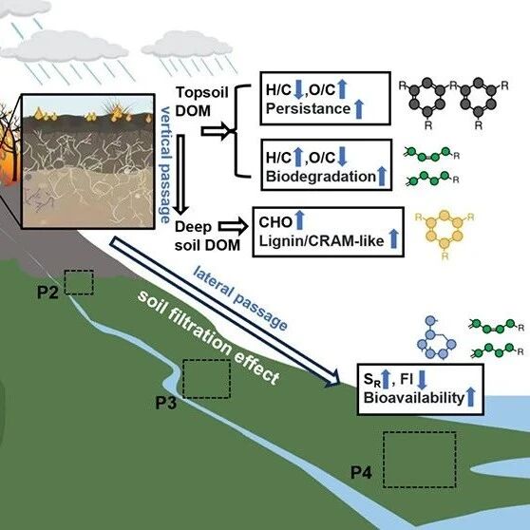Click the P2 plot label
(x=47, y=293)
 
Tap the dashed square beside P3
(x=206, y=361)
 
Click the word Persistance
(x=308, y=109)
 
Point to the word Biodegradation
(x=321, y=176)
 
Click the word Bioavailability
(x=414, y=398)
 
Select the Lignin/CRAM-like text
(x=321, y=241)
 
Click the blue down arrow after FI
(x=422, y=380)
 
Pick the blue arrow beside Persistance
(x=359, y=109)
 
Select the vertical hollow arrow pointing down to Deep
(x=180, y=174)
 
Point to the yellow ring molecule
(x=445, y=235)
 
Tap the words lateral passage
(x=240, y=297)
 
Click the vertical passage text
(x=165, y=165)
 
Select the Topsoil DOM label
(x=202, y=102)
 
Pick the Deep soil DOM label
(x=207, y=236)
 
